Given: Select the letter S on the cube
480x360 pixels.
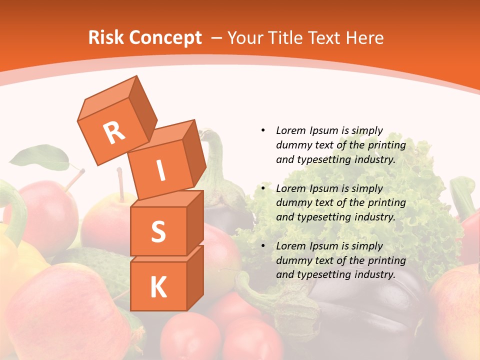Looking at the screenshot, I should click(x=158, y=231).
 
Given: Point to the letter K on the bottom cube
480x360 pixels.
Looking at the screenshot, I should click(x=158, y=287).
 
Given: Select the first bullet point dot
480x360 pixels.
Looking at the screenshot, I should click(x=263, y=130).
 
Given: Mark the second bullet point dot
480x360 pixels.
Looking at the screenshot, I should click(x=263, y=188).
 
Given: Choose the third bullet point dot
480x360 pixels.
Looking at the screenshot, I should click(x=263, y=246).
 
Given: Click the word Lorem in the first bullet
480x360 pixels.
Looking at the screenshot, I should click(x=290, y=130).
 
